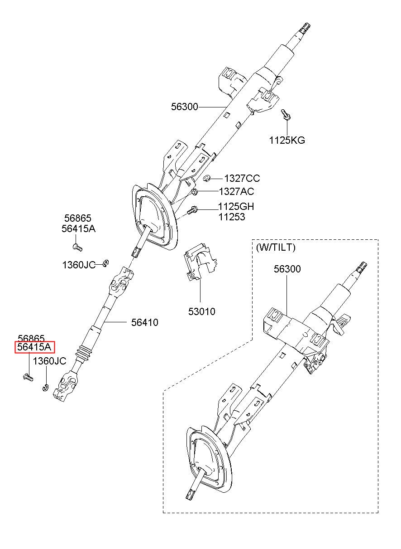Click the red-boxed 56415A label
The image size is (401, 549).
pyautogui.click(x=34, y=347)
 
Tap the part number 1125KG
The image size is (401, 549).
pyautogui.click(x=287, y=141)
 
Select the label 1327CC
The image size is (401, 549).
pyautogui.click(x=242, y=179)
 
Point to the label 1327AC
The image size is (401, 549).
pyautogui.click(x=236, y=191)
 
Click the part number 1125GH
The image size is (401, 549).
pyautogui.click(x=236, y=207)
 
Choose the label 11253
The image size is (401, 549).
pyautogui.click(x=231, y=217)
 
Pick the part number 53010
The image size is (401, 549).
pyautogui.click(x=201, y=311)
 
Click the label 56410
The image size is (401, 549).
pyautogui.click(x=144, y=322)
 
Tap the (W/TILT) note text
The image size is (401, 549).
pyautogui.click(x=276, y=248)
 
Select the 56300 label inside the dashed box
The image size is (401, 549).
pyautogui.click(x=287, y=269)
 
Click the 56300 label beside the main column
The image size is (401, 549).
pyautogui.click(x=184, y=107)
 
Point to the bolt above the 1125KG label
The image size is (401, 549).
pyautogui.click(x=286, y=114)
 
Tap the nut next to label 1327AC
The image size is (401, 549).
pyautogui.click(x=195, y=192)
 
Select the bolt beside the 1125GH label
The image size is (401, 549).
pyautogui.click(x=192, y=210)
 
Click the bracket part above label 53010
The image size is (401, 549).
pyautogui.click(x=200, y=262)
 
